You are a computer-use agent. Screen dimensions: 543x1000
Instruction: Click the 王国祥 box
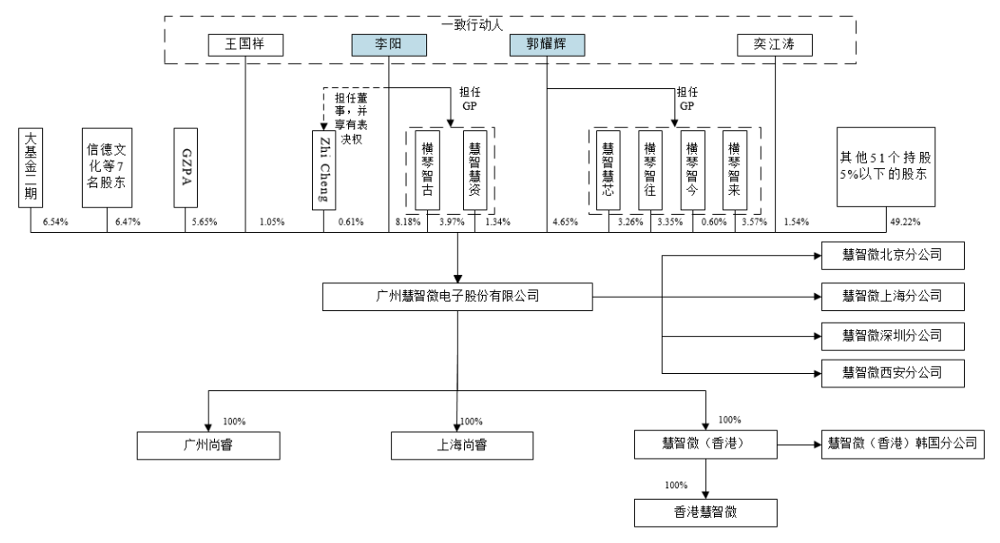(x=246, y=45)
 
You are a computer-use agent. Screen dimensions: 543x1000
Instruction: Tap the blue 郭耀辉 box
(x=548, y=45)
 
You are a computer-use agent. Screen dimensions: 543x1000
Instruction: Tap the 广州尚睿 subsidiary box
(x=209, y=445)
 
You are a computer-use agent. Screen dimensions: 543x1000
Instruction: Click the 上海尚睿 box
(x=458, y=445)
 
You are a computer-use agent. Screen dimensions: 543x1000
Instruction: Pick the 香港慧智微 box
(x=704, y=513)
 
